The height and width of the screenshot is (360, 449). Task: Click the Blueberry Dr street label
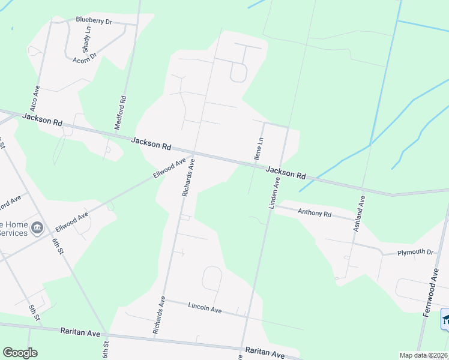point(94,20)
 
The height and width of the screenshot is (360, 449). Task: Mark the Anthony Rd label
point(315,212)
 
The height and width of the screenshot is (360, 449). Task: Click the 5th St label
point(34,312)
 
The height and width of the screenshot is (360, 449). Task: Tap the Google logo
point(20,353)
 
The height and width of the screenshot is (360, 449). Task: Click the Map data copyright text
point(424,355)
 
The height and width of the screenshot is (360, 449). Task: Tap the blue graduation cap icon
point(445,319)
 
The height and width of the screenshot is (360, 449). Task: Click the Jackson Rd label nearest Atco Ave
point(42,119)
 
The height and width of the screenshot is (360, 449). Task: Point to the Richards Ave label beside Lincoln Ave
point(158,314)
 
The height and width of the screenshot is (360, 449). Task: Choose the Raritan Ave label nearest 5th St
point(80,331)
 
